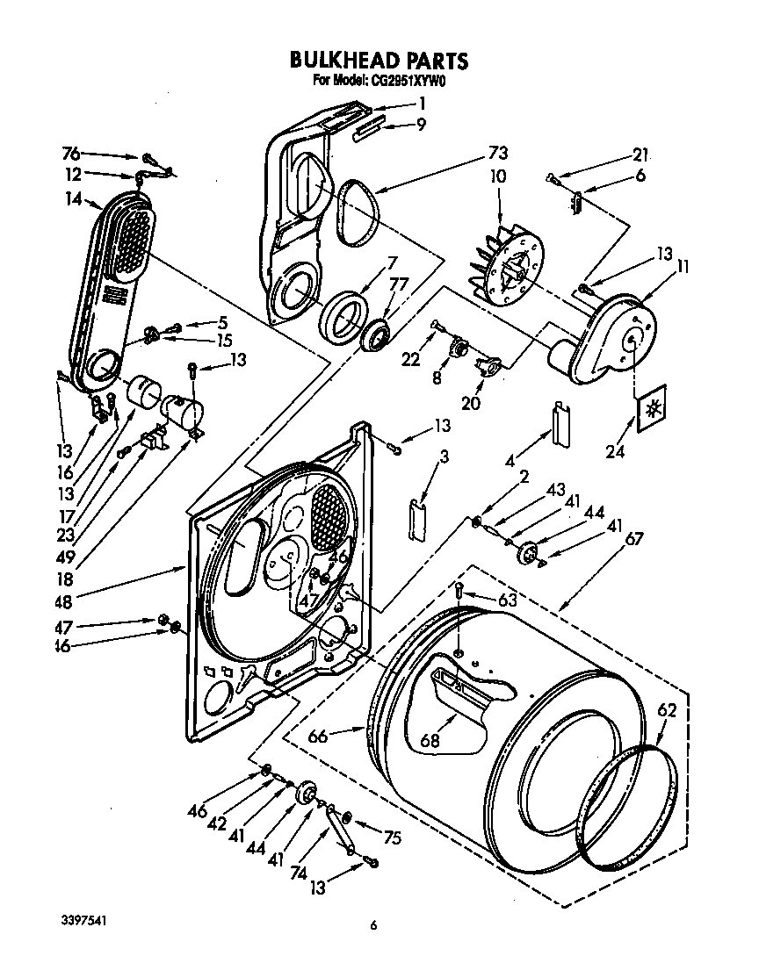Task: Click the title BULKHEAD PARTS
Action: click(x=379, y=61)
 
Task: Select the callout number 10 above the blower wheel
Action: click(x=498, y=176)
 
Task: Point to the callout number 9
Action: click(x=421, y=124)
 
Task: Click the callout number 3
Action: click(x=445, y=456)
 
